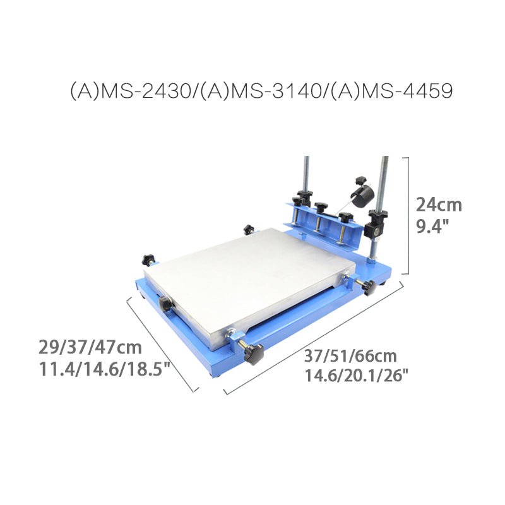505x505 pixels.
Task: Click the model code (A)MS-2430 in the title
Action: [x=130, y=91]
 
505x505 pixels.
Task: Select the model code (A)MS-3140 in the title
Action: [x=261, y=91]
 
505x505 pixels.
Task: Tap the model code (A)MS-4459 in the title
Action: [x=392, y=91]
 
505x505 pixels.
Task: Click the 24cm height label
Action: [x=439, y=205]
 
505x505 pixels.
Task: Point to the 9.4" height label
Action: [x=432, y=227]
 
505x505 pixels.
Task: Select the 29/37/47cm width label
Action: [x=90, y=347]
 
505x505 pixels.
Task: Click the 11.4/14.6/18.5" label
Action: [x=104, y=369]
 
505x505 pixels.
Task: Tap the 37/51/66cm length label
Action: [x=350, y=356]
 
